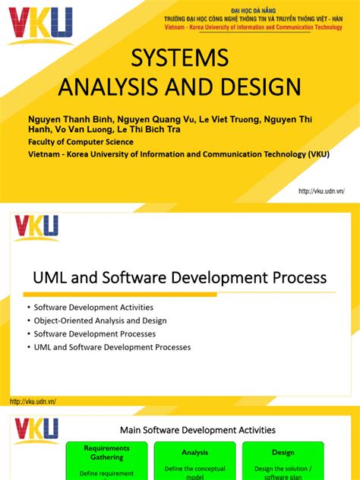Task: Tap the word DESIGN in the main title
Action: (261, 86)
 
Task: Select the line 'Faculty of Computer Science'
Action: (81, 141)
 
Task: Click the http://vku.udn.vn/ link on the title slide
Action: (321, 191)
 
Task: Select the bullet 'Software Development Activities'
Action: (93, 308)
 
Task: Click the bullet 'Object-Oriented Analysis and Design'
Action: (100, 321)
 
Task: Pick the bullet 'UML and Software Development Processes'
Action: (112, 347)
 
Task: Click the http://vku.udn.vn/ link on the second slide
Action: (33, 401)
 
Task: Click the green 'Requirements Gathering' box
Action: (106, 460)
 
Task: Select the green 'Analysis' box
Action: (194, 460)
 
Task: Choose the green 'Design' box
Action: (283, 460)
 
